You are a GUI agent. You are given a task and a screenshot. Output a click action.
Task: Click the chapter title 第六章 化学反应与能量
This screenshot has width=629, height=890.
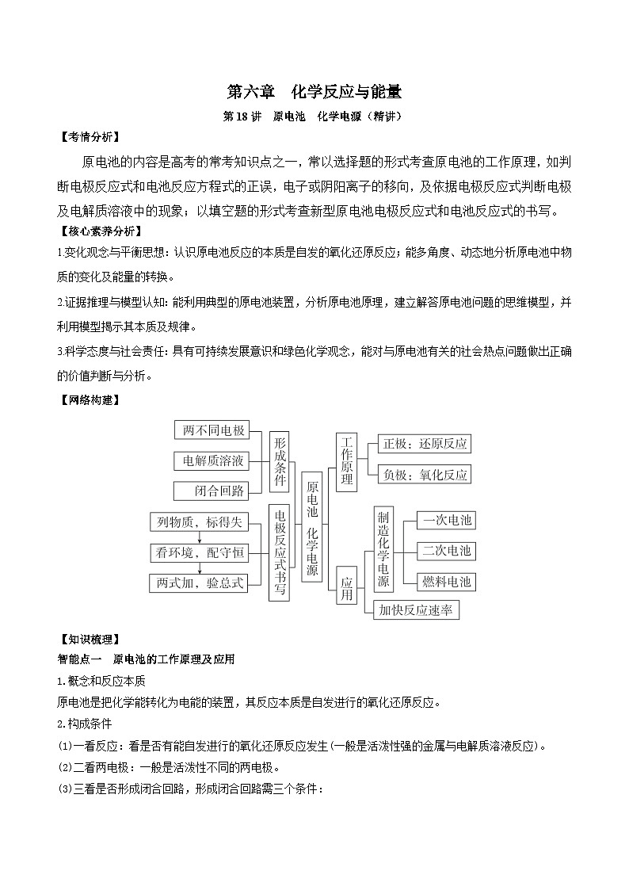click(x=314, y=91)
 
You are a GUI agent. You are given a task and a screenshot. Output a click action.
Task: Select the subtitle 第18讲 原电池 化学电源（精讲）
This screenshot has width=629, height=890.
click(x=314, y=117)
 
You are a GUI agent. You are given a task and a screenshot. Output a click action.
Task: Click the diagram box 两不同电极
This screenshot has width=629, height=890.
click(x=211, y=430)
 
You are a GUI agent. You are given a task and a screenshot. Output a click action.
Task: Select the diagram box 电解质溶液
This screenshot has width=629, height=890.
click(x=211, y=460)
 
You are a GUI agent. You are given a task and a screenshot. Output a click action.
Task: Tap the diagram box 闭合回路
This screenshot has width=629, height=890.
click(x=211, y=491)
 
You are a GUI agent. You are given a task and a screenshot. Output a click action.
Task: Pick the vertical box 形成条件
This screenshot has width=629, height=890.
click(x=280, y=460)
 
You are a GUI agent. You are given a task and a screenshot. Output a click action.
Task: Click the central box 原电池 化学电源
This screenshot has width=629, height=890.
click(x=312, y=526)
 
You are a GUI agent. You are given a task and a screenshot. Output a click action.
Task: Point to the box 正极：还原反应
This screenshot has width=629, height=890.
click(x=424, y=444)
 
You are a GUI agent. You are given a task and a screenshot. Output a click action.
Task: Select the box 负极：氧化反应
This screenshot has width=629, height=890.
click(x=424, y=475)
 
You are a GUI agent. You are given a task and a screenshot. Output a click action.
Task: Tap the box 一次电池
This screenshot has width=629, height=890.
click(x=446, y=520)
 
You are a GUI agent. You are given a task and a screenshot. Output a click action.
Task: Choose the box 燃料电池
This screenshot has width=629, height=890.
click(x=446, y=581)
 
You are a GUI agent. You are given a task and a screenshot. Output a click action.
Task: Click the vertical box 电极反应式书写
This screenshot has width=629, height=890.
click(x=280, y=552)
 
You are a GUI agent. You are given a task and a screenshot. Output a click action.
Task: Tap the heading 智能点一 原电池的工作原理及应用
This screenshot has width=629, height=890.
click(x=147, y=659)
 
